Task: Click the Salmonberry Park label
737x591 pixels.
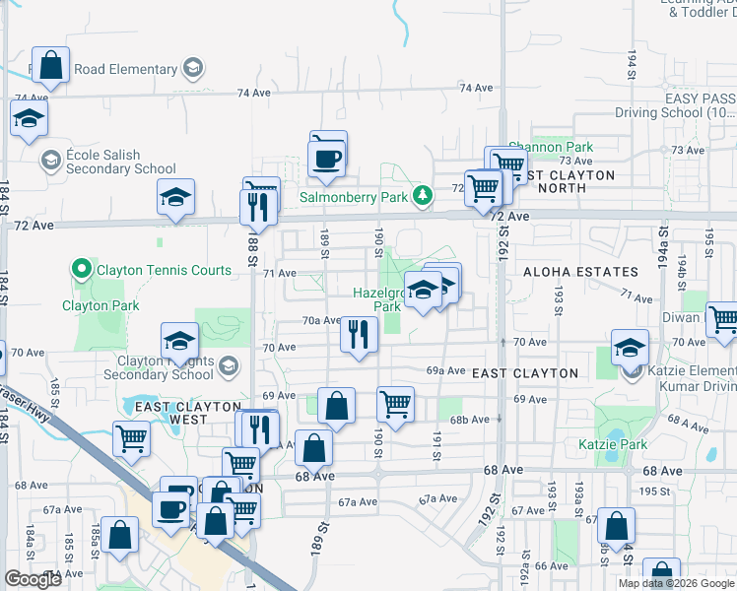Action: point(354,197)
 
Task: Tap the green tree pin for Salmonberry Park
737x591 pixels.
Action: point(423,196)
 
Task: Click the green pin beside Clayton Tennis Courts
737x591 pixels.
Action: point(80,268)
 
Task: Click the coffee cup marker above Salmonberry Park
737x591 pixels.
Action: point(325,157)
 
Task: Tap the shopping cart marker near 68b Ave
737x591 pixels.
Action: point(395,402)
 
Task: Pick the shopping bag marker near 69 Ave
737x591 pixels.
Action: point(336,405)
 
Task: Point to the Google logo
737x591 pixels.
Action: point(33,580)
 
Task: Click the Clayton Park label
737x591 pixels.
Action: point(99,306)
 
